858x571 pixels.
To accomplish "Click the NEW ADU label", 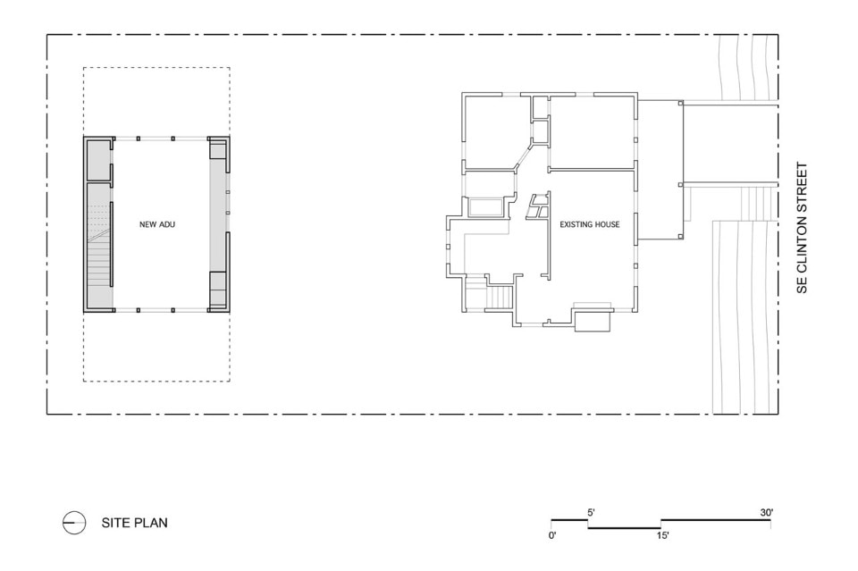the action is point(157,224).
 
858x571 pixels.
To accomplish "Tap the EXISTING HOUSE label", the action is point(589,224).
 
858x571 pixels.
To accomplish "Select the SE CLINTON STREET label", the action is point(802,228).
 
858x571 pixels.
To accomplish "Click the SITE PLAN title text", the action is point(135,523).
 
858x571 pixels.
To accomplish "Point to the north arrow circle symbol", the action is point(74,523).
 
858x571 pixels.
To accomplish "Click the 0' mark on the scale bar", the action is point(552,535).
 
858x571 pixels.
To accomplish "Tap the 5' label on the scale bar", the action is point(592,513).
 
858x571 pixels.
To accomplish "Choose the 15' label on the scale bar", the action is point(662,535).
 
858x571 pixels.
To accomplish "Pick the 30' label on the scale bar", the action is point(767,513).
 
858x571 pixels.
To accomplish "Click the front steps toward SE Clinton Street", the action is point(757,203).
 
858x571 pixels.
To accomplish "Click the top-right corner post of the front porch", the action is point(680,103).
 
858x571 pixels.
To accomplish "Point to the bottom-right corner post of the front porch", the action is point(680,237).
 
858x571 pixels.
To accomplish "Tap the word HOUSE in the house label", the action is point(606,224).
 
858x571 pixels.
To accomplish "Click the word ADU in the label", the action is point(167,224).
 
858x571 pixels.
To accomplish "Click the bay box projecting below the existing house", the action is point(593,321).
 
